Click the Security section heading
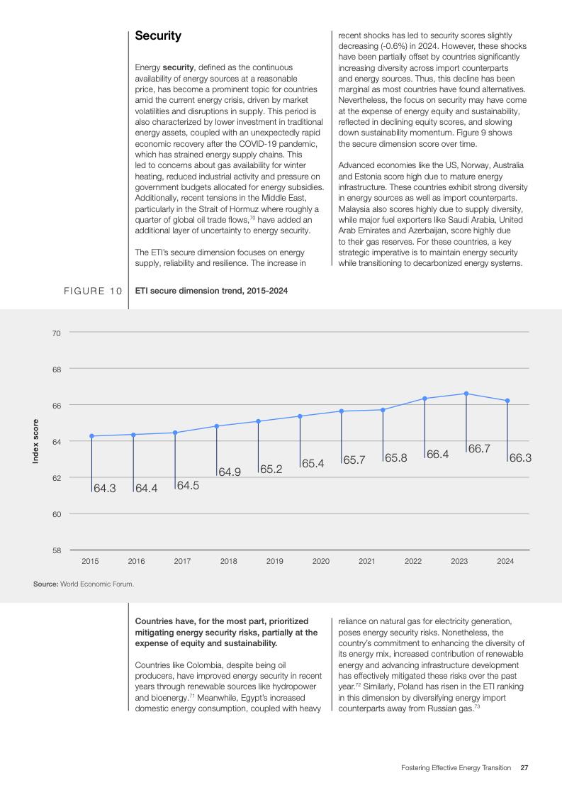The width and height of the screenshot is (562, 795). [158, 35]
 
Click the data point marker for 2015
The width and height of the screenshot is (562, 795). [91, 436]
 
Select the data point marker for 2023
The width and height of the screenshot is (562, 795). [466, 394]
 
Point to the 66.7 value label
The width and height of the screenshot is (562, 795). [480, 449]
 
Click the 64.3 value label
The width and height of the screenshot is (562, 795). [104, 488]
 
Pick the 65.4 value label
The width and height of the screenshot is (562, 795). [313, 463]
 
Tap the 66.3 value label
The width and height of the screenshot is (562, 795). [520, 458]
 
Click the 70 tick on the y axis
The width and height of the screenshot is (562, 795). [56, 333]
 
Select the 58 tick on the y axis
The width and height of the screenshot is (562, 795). [56, 550]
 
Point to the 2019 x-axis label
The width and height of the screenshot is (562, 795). [275, 562]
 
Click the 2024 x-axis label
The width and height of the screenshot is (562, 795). [505, 562]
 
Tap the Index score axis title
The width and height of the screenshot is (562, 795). [35, 441]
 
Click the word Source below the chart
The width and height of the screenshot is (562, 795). [45, 584]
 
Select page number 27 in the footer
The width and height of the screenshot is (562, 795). [524, 767]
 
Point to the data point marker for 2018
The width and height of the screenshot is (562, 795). [216, 426]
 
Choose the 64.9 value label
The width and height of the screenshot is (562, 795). [229, 472]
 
